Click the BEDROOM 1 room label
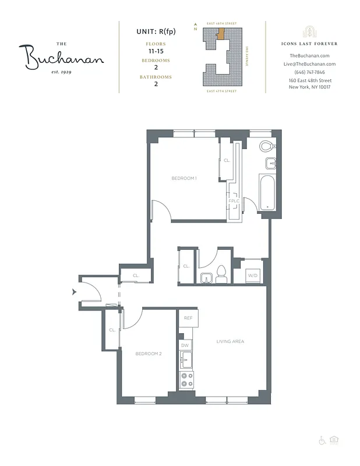[183, 178]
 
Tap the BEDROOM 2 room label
[149, 354]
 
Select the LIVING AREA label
[230, 341]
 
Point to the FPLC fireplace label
[234, 201]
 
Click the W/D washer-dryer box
[252, 274]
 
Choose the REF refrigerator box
[188, 318]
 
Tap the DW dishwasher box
[185, 345]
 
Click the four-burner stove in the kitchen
[186, 380]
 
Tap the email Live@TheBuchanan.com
[309, 63]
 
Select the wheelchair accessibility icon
[322, 440]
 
